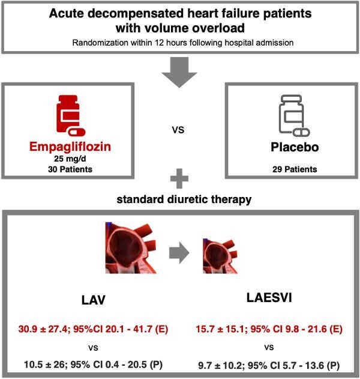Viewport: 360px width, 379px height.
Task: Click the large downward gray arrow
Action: pyautogui.click(x=180, y=70)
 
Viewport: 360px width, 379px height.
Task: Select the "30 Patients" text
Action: pyautogui.click(x=70, y=170)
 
